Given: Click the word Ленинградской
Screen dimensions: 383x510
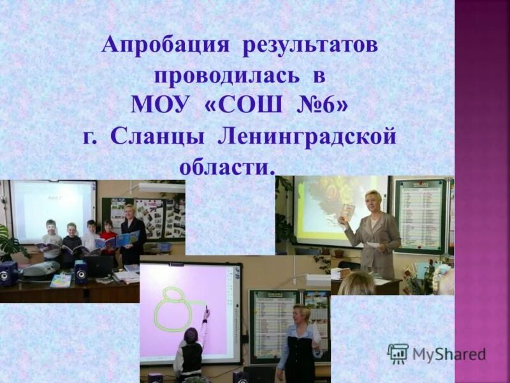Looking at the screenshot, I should click(x=307, y=136).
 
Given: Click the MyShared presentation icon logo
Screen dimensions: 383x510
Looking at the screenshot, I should click(x=398, y=354).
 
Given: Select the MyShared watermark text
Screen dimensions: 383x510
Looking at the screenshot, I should click(x=449, y=354).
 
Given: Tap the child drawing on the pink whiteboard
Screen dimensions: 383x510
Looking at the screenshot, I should click(x=191, y=348).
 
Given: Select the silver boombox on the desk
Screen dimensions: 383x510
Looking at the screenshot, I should click(x=41, y=269).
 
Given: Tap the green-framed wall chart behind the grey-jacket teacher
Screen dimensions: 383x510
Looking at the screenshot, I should click(x=419, y=216).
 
